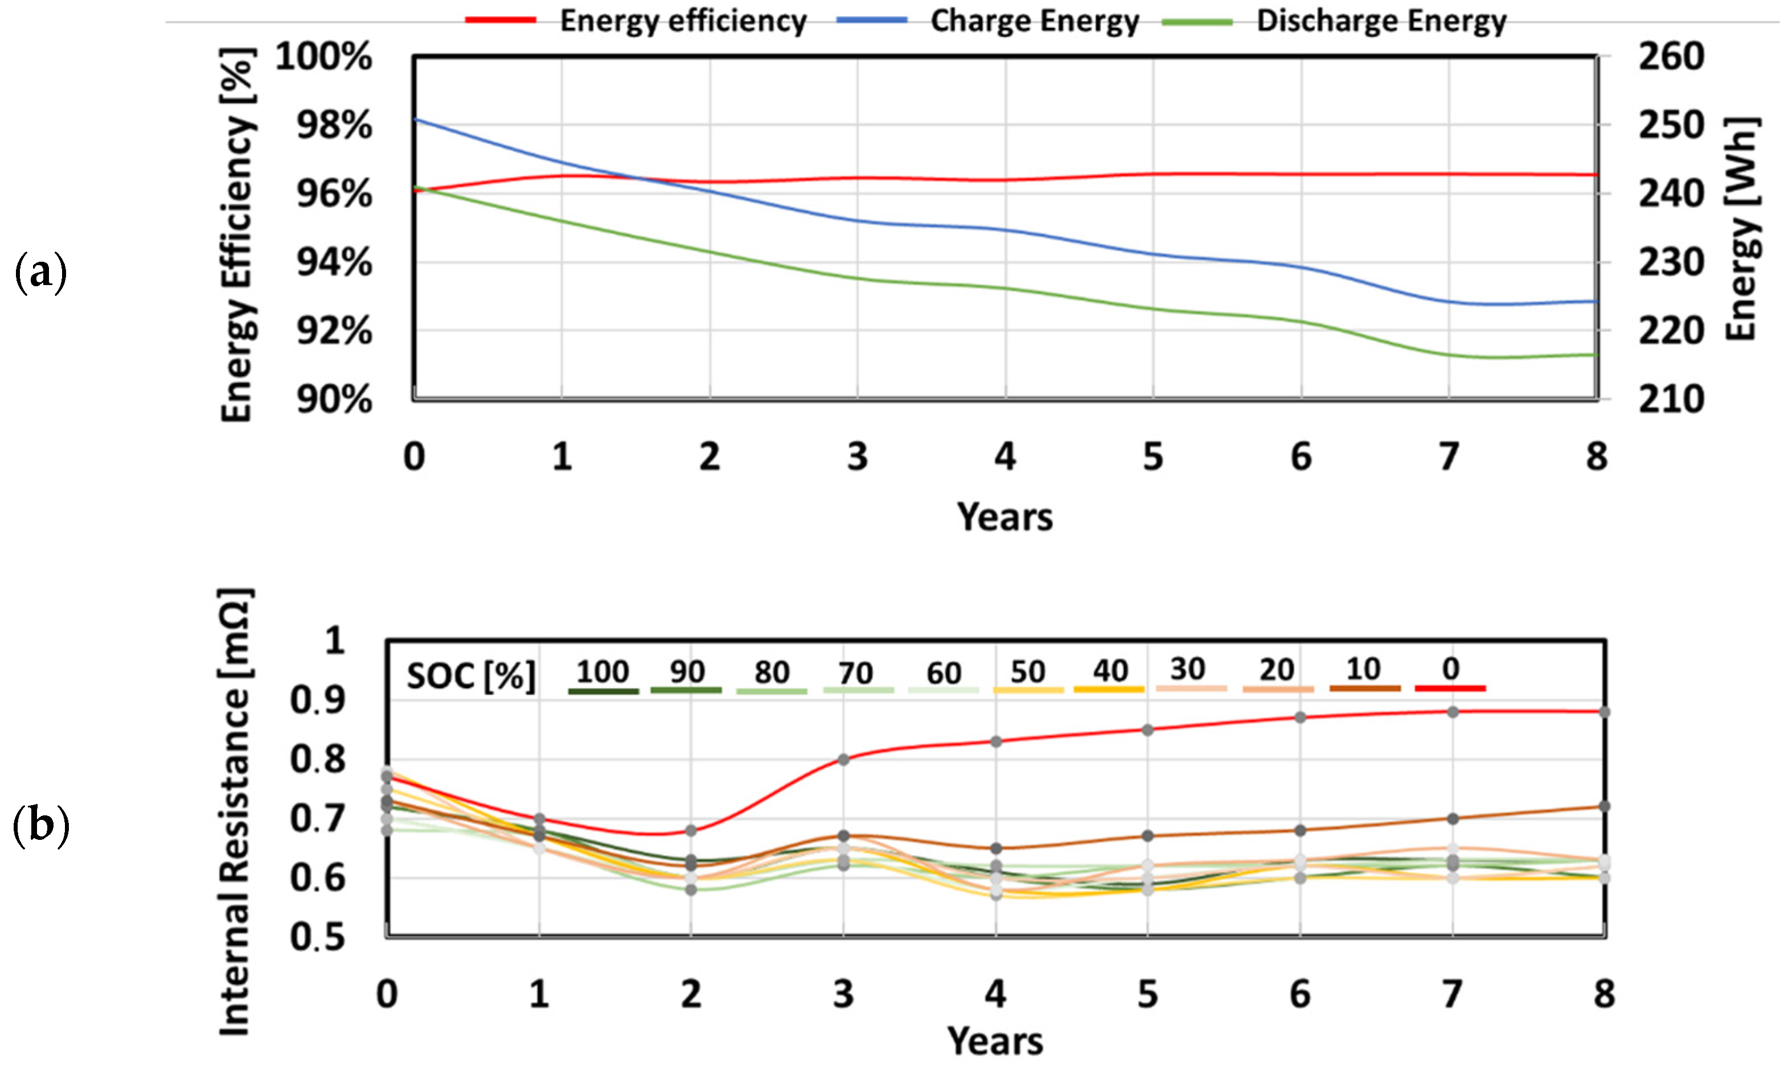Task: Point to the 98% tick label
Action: tap(334, 126)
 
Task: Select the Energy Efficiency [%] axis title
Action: tap(237, 235)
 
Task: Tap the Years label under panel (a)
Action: tap(1004, 517)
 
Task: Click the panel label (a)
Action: tap(40, 273)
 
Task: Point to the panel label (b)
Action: tap(40, 825)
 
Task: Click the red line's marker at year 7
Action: tap(1453, 712)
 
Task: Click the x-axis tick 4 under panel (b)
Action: tap(995, 995)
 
